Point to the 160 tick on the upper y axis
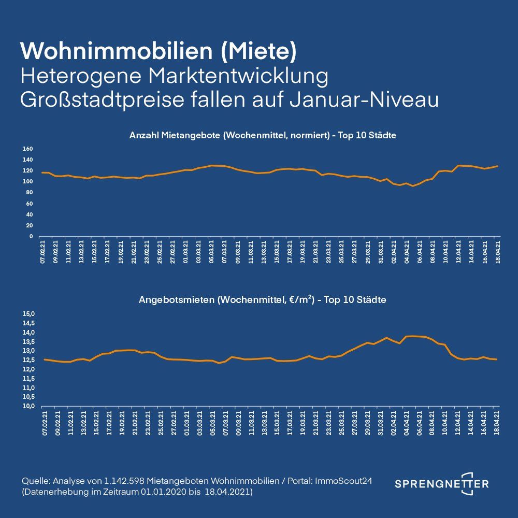28,149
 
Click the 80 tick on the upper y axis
29,193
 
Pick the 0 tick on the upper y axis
31,237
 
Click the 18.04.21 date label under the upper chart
498,252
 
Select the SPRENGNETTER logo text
441,484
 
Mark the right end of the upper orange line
497,166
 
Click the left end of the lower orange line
44,359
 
